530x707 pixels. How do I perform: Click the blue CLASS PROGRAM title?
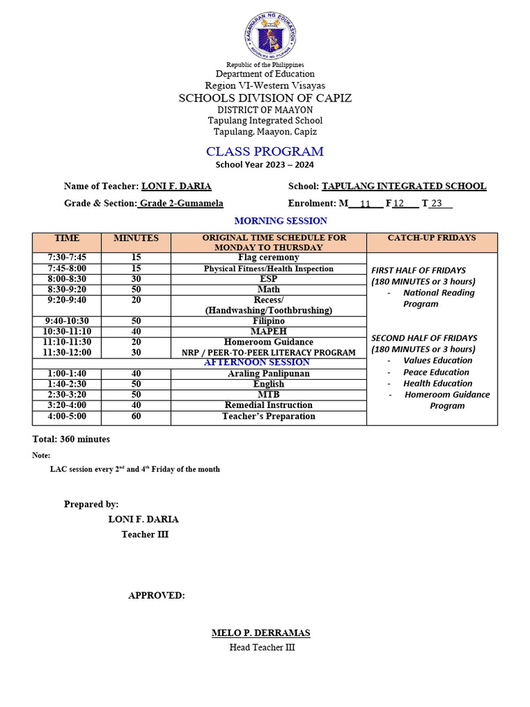tap(265, 151)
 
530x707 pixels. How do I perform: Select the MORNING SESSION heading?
tap(281, 221)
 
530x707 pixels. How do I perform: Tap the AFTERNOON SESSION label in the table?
tap(257, 362)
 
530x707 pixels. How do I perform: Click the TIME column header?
tap(67, 238)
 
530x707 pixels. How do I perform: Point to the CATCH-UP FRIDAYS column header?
tap(431, 238)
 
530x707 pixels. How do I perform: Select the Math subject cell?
tap(268, 289)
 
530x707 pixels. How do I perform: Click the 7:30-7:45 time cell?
tap(67, 258)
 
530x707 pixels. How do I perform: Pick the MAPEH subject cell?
tap(268, 331)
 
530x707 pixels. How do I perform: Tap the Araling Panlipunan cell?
tap(268, 374)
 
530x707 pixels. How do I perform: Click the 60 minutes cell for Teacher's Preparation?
tap(136, 416)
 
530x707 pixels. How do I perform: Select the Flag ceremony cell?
tap(268, 258)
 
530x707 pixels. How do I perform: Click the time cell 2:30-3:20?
tap(67, 394)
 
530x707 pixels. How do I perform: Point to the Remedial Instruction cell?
tap(268, 405)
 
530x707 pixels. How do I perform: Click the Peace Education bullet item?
tap(436, 372)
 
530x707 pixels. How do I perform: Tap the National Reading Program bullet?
tap(438, 298)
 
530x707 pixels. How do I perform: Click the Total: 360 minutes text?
tap(71, 439)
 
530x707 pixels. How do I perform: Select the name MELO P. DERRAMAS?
tap(261, 633)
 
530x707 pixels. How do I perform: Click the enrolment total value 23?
tap(436, 204)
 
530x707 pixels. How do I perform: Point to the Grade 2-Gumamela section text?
tap(181, 204)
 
